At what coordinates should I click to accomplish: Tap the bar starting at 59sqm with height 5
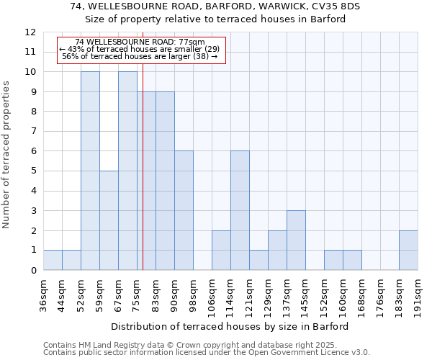coord(109,220)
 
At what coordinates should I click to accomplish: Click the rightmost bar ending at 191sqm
coord(408,250)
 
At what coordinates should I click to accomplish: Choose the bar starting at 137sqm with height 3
coord(296,240)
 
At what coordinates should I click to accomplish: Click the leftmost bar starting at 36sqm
coord(53,260)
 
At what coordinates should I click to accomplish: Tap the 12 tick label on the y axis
coord(30,32)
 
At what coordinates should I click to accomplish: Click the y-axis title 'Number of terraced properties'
coord(6,155)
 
